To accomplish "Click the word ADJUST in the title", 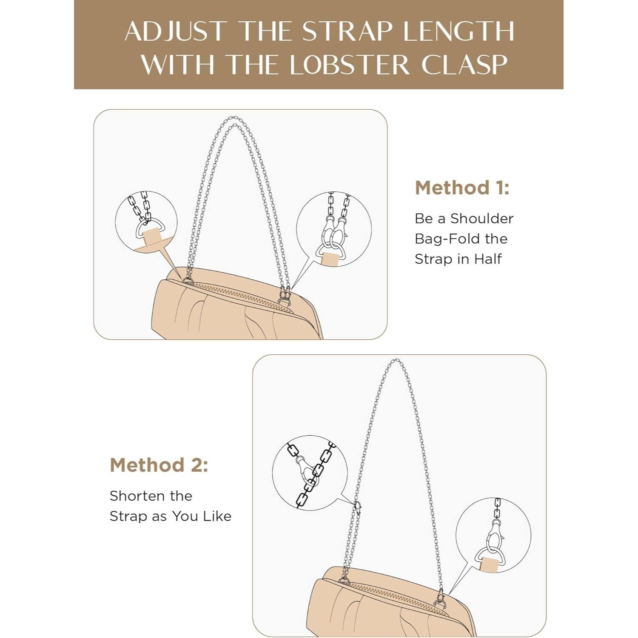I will click(x=175, y=31).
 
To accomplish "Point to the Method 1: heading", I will click(x=462, y=188).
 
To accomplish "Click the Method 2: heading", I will click(x=159, y=465).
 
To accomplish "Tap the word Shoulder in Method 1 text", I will click(x=482, y=219).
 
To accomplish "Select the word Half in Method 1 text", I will click(x=488, y=259).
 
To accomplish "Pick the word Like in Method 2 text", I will click(x=217, y=516).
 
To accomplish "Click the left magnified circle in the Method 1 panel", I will click(x=146, y=222).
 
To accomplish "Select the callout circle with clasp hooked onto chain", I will click(x=310, y=473).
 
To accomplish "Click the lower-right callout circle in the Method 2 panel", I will click(x=493, y=535).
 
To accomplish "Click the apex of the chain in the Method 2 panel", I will click(x=395, y=361).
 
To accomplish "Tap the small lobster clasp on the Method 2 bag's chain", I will click(x=358, y=507).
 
